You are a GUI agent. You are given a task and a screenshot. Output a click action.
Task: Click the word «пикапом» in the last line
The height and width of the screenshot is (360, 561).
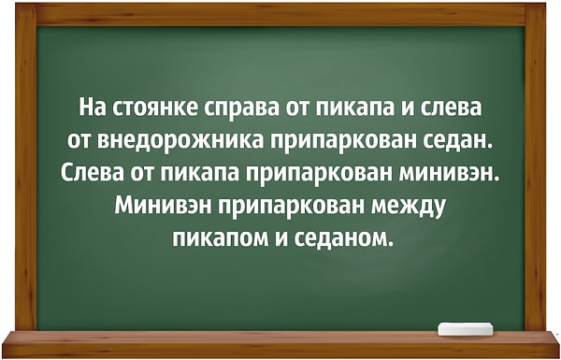(x=217, y=236)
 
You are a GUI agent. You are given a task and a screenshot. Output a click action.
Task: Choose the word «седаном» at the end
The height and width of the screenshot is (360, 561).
(x=340, y=236)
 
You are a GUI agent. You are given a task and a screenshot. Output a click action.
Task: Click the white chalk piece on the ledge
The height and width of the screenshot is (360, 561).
(x=465, y=328)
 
